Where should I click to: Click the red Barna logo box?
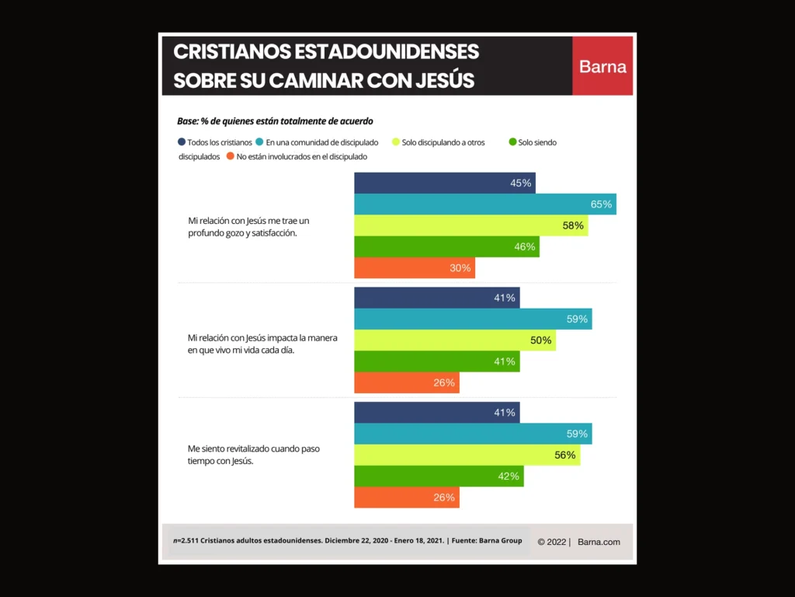[602, 66]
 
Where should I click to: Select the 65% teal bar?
[485, 204]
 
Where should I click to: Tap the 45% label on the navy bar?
[520, 183]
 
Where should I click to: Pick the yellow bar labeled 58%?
[470, 225]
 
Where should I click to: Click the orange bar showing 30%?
[414, 268]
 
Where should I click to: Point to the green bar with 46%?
[446, 247]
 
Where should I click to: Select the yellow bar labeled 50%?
[455, 340]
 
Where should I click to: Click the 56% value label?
[565, 456]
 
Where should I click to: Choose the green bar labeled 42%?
[439, 477]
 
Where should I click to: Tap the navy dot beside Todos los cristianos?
[182, 142]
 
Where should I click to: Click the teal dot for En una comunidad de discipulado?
[259, 142]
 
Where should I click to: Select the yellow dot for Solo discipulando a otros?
[396, 142]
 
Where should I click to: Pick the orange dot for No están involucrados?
[230, 156]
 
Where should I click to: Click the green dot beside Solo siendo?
[512, 142]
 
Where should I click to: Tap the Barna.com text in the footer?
[599, 542]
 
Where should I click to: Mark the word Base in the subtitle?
[187, 121]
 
